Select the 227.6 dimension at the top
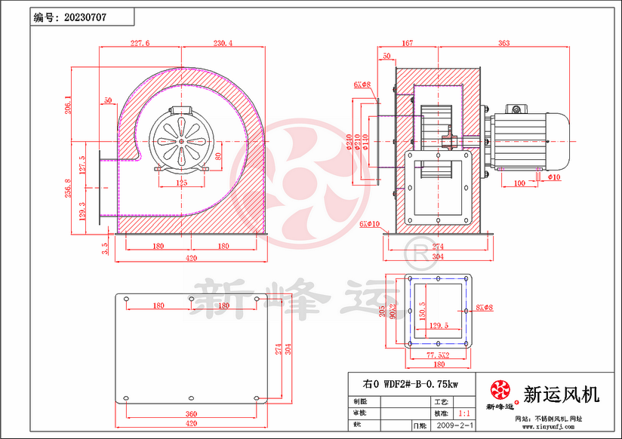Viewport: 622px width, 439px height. [140, 44]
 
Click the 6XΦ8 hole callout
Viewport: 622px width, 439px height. [361, 85]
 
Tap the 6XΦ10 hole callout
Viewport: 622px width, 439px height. [369, 224]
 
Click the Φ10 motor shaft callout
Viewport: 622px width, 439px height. [554, 178]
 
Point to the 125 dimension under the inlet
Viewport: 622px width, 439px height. [182, 183]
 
